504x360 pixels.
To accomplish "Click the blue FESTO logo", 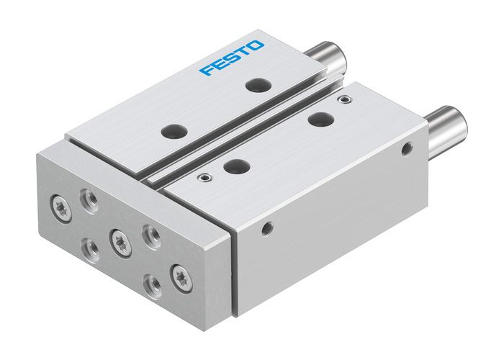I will pos(232,59).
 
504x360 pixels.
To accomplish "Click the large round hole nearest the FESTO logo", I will pos(255,85).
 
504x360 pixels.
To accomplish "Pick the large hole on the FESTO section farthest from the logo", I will pos(172,132).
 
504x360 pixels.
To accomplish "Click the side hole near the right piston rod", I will pos(407,149).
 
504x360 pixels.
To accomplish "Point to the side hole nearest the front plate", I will pos(268,229).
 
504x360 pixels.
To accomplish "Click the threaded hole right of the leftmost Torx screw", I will pos(89,197).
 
